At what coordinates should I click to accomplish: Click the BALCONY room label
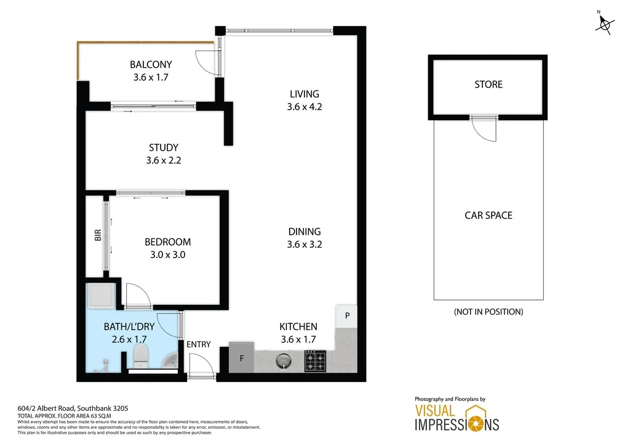151,65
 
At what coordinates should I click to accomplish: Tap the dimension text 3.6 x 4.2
305,107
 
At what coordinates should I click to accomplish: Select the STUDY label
164,148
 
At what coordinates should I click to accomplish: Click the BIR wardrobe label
98,235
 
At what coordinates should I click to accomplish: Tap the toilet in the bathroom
141,355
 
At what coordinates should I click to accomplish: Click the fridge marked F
241,358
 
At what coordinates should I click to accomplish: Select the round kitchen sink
283,359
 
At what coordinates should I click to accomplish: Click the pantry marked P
347,316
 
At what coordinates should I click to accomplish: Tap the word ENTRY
199,344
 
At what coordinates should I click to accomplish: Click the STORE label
488,84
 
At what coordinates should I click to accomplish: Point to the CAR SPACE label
488,216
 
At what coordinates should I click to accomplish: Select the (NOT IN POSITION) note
488,312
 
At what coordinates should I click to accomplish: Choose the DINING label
305,232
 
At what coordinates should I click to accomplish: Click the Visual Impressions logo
456,418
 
